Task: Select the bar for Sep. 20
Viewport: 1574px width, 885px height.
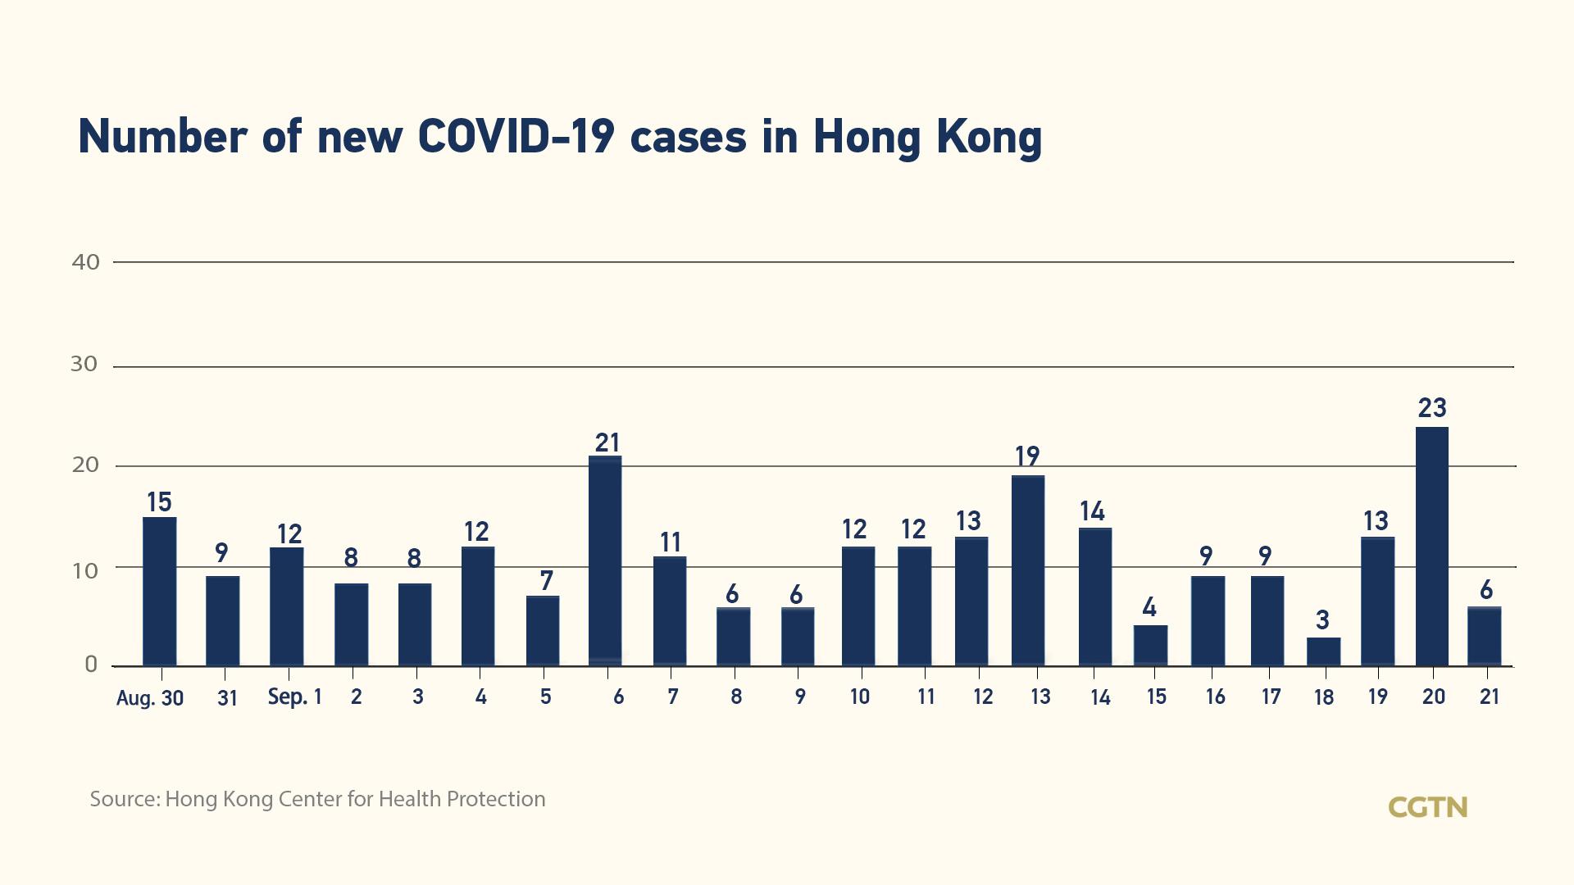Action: tap(1431, 546)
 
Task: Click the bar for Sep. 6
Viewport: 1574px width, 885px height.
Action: tap(605, 560)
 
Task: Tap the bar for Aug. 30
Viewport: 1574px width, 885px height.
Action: tap(159, 591)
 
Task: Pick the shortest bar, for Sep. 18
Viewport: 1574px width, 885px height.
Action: tap(1323, 651)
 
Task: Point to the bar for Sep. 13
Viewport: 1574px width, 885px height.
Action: tap(1028, 570)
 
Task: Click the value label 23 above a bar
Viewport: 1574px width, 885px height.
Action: tap(1432, 407)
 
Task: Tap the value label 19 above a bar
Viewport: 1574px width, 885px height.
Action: tap(1027, 456)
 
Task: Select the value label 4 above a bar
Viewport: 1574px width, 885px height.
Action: tap(1149, 607)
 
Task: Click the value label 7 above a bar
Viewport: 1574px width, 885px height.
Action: tap(546, 580)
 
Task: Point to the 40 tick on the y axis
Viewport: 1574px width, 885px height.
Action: tap(86, 262)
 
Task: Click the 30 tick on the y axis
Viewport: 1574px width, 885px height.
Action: tap(84, 365)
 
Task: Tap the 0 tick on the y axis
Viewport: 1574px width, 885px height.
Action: tap(91, 665)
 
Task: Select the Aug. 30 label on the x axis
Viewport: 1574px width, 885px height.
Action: tap(150, 698)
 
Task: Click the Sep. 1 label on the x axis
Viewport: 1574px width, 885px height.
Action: tap(295, 697)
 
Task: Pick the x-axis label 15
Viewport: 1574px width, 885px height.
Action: tap(1156, 697)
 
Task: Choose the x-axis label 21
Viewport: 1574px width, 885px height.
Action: tap(1489, 697)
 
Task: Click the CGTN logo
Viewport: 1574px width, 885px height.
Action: tap(1427, 807)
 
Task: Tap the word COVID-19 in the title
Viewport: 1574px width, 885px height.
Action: tap(516, 136)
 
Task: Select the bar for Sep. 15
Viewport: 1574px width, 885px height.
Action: tap(1150, 646)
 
